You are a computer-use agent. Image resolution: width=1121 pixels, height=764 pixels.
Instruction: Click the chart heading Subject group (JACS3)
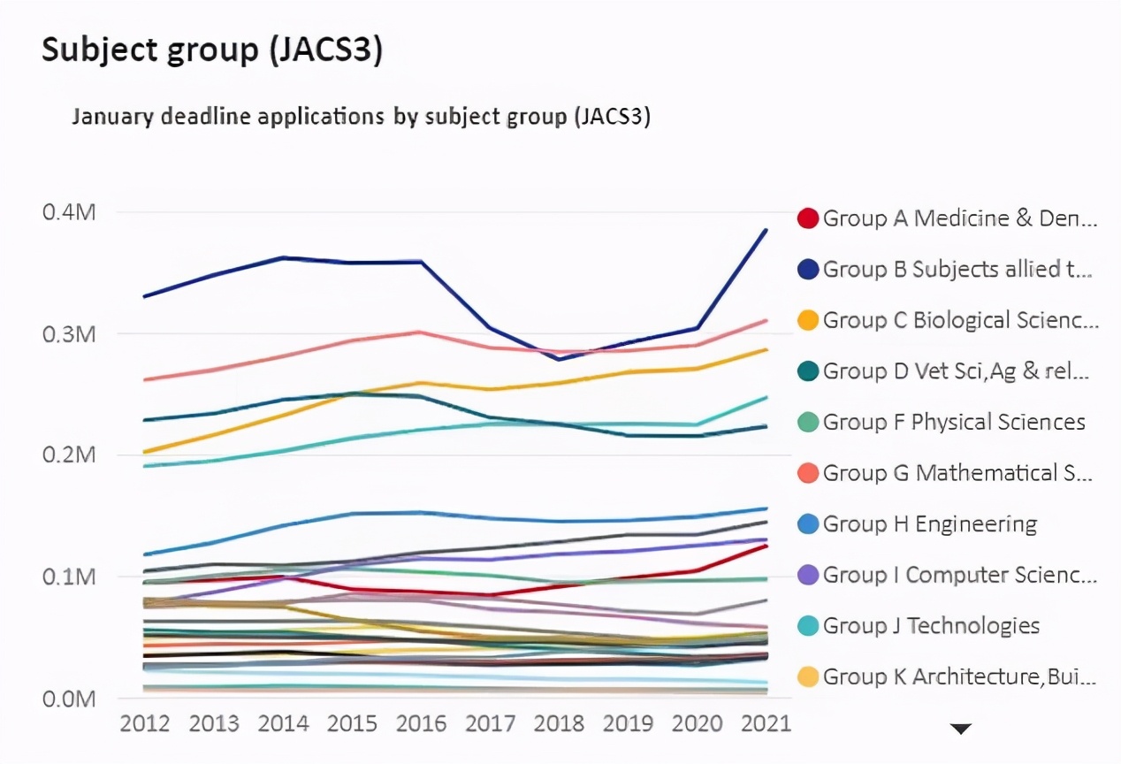(x=212, y=52)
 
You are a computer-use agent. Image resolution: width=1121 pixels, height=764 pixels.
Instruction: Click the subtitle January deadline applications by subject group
(x=361, y=117)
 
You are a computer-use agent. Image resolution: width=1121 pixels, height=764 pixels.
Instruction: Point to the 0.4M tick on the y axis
(x=69, y=213)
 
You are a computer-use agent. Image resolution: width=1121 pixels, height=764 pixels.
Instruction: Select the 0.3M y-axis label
(x=69, y=334)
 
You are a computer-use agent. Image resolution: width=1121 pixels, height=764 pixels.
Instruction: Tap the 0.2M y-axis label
(x=69, y=455)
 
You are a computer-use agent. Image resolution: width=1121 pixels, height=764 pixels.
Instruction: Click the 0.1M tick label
(x=69, y=577)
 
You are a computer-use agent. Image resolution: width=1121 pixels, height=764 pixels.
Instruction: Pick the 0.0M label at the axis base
(x=69, y=699)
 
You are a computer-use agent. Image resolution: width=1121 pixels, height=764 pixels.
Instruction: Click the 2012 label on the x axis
(x=145, y=722)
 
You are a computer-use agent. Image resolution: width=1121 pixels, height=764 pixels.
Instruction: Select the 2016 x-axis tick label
(x=421, y=722)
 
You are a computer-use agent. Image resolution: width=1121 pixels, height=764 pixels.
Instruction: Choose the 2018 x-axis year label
(x=559, y=722)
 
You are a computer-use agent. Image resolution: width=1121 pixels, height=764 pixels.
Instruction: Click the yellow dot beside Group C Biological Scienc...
(x=807, y=321)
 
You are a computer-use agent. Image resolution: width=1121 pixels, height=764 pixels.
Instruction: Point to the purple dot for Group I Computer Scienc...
(x=807, y=576)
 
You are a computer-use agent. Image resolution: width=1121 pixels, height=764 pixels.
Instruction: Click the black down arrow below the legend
(x=961, y=729)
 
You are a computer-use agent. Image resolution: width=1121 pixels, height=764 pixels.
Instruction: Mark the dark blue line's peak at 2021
(x=766, y=230)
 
